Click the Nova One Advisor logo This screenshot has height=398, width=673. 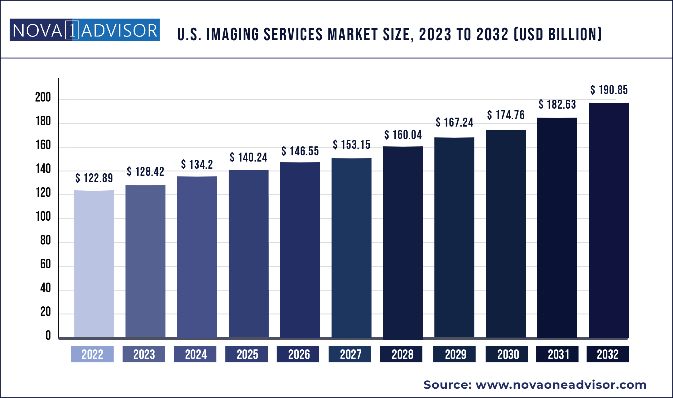[x=85, y=30]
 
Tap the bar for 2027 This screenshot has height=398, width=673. [x=351, y=248]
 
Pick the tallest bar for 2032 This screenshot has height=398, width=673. [x=609, y=220]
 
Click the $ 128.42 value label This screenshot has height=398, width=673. [x=145, y=171]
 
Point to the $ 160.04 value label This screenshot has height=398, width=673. [x=403, y=135]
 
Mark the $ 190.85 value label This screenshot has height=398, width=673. [x=609, y=90]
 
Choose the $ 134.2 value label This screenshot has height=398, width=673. [x=197, y=164]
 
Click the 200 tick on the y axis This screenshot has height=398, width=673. [x=43, y=97]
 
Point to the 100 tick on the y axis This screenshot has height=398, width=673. [x=43, y=216]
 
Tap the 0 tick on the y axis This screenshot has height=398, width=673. [x=48, y=335]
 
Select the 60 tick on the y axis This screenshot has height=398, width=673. [x=45, y=264]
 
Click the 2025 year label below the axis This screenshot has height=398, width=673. [x=247, y=354]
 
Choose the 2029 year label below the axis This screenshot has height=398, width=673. [x=455, y=354]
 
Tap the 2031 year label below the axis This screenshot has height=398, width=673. [x=558, y=354]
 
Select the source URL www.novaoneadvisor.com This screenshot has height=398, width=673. [x=561, y=385]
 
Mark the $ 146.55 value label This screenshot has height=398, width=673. [x=300, y=151]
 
